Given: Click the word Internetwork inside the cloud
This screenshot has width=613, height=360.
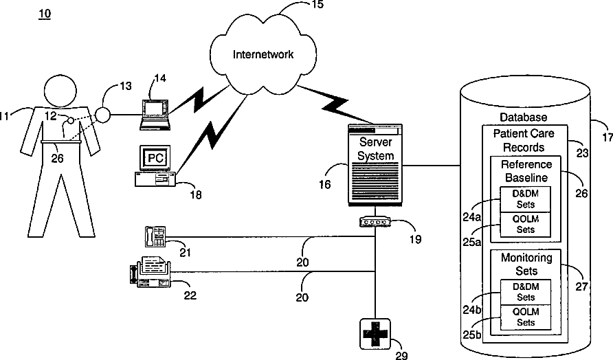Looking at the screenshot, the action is (x=263, y=54).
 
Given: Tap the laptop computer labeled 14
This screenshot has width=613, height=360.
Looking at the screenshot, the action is (x=155, y=115).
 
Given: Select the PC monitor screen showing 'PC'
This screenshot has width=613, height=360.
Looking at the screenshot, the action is (x=155, y=158).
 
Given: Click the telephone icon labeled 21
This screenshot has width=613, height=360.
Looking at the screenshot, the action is (x=155, y=236).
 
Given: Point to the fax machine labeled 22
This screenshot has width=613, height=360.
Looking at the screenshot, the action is (x=151, y=272).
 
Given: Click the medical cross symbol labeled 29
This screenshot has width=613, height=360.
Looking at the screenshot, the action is (x=375, y=334).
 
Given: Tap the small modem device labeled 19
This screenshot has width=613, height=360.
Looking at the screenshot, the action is (x=375, y=223).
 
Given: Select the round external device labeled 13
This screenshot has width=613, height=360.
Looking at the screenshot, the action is (x=103, y=115).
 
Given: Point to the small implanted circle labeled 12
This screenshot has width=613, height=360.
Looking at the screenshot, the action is (x=70, y=120).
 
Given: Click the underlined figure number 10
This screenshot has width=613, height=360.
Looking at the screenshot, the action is (x=45, y=14).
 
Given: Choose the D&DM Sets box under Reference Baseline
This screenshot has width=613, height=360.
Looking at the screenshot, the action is (x=526, y=199).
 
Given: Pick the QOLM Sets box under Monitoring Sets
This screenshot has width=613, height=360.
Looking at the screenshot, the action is (x=526, y=317).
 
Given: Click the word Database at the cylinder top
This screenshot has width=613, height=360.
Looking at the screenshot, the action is (x=524, y=117).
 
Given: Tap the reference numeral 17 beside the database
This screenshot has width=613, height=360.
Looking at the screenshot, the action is (x=608, y=137).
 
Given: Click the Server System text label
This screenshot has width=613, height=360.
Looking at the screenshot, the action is (x=375, y=148).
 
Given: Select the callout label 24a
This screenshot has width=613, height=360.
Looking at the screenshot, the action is (x=472, y=217).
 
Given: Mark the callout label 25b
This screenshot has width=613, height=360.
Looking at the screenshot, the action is (x=472, y=335).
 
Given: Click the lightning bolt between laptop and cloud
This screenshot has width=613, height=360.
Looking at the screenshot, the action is (x=199, y=100).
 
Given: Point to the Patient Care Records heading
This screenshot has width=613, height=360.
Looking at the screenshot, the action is (x=524, y=140).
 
